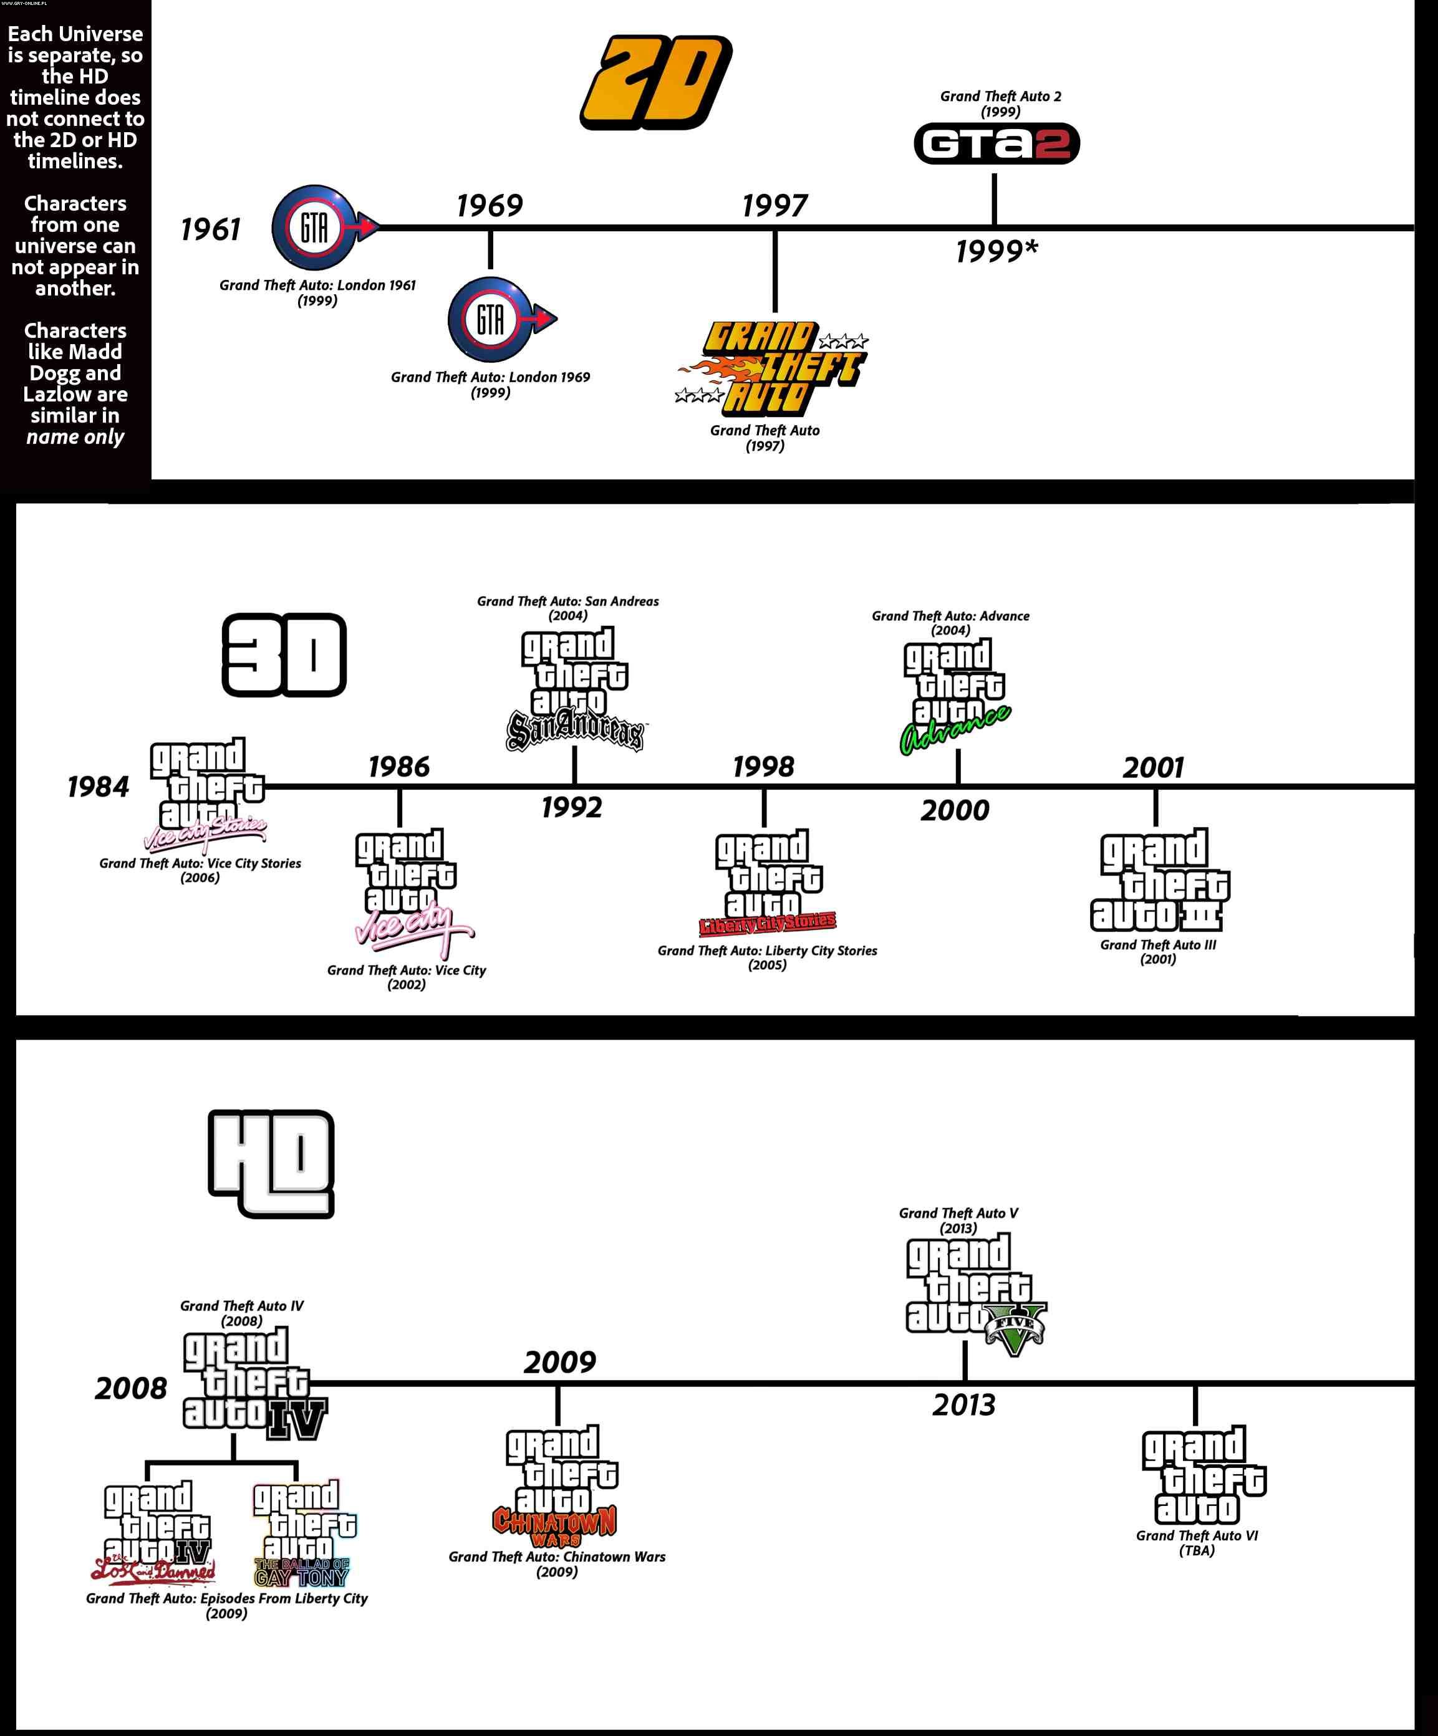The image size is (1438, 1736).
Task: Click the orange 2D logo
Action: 657,83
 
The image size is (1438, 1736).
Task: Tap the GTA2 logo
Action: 996,144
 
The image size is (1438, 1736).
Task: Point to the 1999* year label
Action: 996,251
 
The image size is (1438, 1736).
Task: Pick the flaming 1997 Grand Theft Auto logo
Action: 771,368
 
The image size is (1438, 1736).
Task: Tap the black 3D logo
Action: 284,655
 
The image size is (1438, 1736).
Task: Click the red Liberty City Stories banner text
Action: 768,923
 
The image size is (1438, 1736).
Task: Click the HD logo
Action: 271,1163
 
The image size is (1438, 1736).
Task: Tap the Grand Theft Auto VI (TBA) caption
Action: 1197,1543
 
